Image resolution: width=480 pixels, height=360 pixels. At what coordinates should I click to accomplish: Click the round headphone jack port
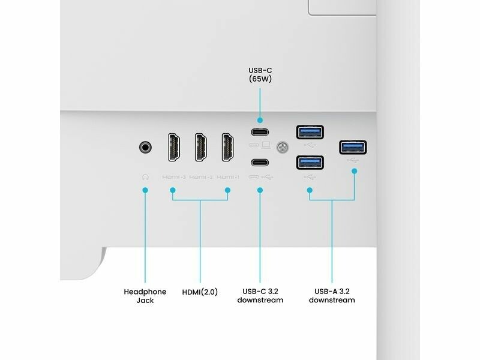(145, 146)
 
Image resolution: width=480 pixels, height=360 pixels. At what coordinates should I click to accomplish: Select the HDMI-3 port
(173, 147)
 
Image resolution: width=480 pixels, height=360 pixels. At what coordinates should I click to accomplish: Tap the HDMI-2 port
(200, 147)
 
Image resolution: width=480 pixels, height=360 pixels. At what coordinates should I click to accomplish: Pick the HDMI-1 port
(228, 147)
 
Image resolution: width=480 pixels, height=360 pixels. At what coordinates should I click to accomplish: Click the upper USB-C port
(260, 133)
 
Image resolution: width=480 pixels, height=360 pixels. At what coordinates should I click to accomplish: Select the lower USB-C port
(260, 163)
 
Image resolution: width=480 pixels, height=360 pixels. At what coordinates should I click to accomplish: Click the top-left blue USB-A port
(310, 132)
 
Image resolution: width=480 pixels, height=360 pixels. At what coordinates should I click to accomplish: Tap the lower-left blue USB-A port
(310, 163)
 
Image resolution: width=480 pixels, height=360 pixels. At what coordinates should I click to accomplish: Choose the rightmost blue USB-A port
(353, 147)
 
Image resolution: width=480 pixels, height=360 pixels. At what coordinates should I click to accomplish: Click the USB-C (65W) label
(260, 74)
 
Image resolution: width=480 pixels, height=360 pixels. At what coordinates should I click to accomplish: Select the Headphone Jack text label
(145, 296)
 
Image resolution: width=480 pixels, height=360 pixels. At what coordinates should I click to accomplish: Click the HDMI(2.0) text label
(200, 292)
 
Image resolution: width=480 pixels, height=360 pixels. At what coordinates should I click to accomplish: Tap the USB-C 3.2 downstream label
(260, 296)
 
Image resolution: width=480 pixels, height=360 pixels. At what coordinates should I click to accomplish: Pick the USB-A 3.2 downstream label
(332, 296)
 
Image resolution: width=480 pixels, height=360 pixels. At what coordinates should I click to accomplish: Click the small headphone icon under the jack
(145, 177)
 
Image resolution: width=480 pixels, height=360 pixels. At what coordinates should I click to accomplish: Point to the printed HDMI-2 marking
(200, 177)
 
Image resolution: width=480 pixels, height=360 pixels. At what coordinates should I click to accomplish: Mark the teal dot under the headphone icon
(145, 190)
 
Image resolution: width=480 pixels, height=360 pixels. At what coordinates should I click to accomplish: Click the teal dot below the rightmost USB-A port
(354, 171)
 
